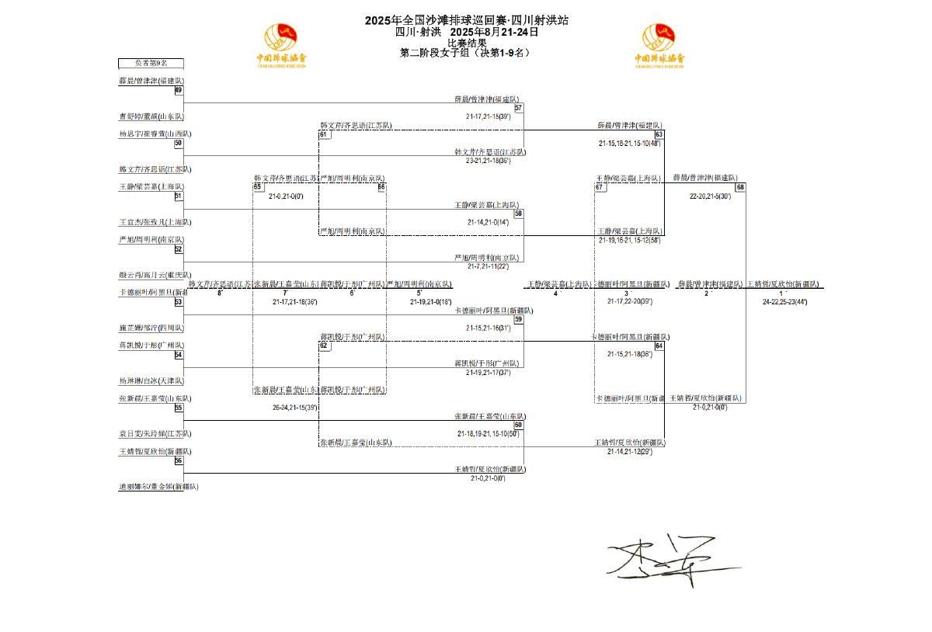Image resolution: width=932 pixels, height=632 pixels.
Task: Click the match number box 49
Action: (179, 90)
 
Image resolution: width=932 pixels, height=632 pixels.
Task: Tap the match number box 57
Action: (518, 108)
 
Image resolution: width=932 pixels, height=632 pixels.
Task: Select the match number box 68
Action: (740, 187)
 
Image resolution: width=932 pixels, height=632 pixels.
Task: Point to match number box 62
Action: (324, 346)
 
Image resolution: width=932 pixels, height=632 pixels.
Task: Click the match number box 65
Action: (257, 187)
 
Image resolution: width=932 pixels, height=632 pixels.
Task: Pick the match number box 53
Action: (179, 302)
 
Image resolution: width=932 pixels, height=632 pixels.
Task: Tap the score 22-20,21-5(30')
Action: (710, 196)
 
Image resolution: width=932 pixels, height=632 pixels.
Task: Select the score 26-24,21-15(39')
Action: (295, 407)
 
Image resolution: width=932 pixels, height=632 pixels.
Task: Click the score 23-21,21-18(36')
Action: (489, 161)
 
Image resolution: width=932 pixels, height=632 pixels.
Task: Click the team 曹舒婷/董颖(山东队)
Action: (151, 116)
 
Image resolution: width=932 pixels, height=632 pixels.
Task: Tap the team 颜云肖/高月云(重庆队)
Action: (155, 275)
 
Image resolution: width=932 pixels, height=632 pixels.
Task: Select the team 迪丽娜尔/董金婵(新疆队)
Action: (158, 487)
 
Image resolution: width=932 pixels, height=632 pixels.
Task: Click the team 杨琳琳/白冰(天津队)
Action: (151, 381)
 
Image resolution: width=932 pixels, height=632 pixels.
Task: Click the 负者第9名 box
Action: (151, 63)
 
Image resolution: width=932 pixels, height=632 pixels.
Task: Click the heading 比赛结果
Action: (467, 43)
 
